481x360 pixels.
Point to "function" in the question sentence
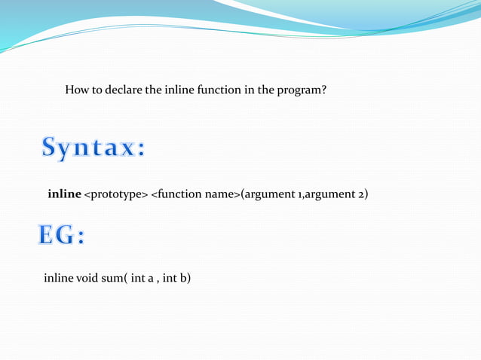[x=219, y=91]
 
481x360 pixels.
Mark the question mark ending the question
[x=323, y=91]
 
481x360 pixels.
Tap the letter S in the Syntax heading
[x=51, y=148]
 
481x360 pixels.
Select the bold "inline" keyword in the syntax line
[x=64, y=195]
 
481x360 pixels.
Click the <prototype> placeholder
[x=115, y=195]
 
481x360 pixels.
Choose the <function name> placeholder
[x=195, y=195]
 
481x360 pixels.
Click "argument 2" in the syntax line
[x=336, y=195]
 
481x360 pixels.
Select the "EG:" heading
[x=62, y=236]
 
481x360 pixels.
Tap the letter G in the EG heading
[x=66, y=236]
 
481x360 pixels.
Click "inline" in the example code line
[x=58, y=279]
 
